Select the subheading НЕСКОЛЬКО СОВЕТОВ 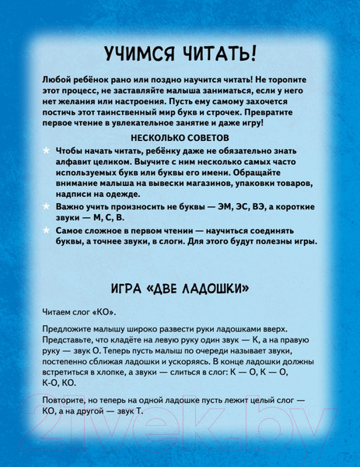(x=180, y=135)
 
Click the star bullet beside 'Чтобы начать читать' (x=47, y=148)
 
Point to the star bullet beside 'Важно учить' (x=47, y=205)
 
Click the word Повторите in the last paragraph (x=67, y=405)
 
